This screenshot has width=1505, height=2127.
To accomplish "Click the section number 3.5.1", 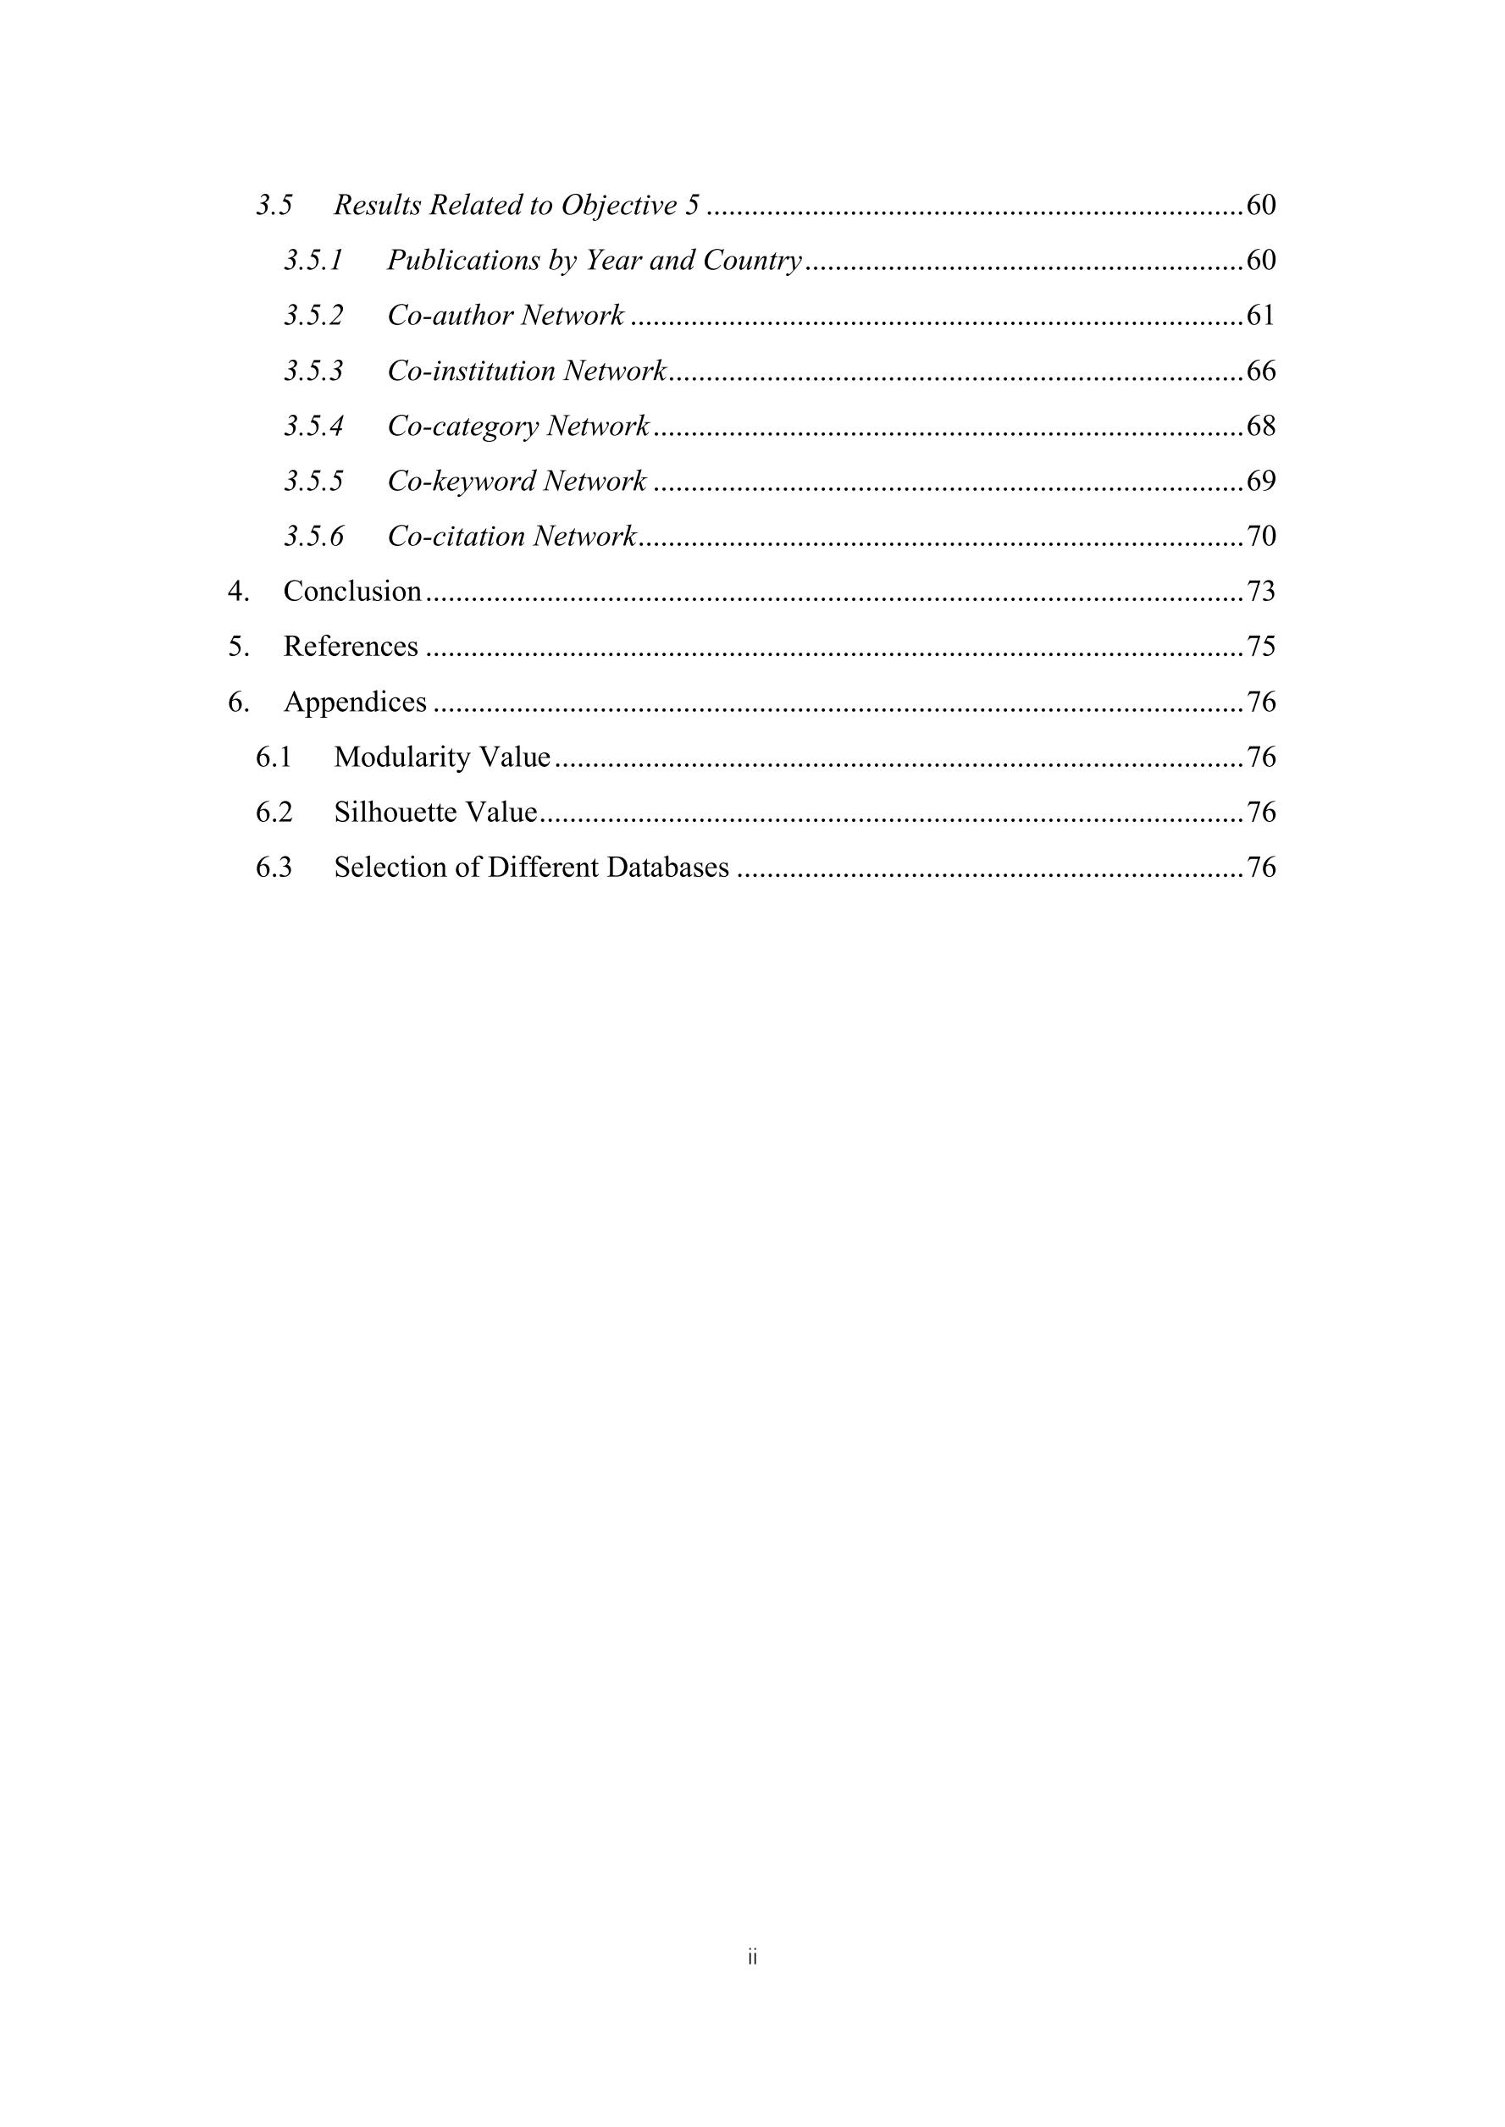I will [x=313, y=262].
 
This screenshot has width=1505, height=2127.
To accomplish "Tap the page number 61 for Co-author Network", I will [x=1260, y=316].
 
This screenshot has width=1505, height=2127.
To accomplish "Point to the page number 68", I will [x=1260, y=426].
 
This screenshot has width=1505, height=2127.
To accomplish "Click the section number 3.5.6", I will [x=313, y=537].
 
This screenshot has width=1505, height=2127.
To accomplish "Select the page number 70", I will [x=1260, y=537].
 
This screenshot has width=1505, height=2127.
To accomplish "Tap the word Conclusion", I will [x=352, y=591].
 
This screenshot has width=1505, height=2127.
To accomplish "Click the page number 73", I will [x=1260, y=591].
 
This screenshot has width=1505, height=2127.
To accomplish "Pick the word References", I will [x=351, y=647].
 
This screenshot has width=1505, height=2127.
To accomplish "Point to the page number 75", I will [x=1260, y=647].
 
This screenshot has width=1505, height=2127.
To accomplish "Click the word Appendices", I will [x=355, y=703].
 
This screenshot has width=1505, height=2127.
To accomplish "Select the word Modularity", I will [x=396, y=758].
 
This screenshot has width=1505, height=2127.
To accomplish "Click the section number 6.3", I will [x=274, y=868].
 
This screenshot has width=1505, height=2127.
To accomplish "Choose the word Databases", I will [x=667, y=868].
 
